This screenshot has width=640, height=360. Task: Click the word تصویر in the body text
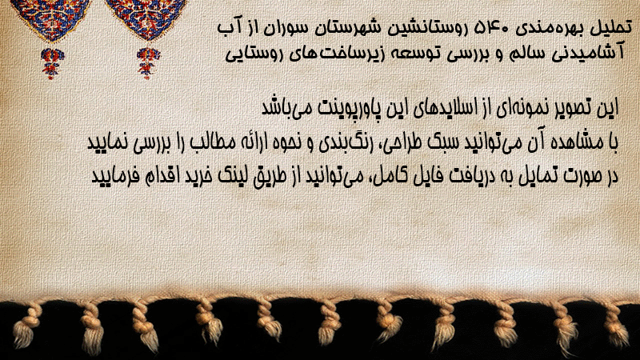tap(577, 109)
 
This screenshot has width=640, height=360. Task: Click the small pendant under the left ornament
tap(52, 63)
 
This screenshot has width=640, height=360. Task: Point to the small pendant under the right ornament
tap(148, 63)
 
